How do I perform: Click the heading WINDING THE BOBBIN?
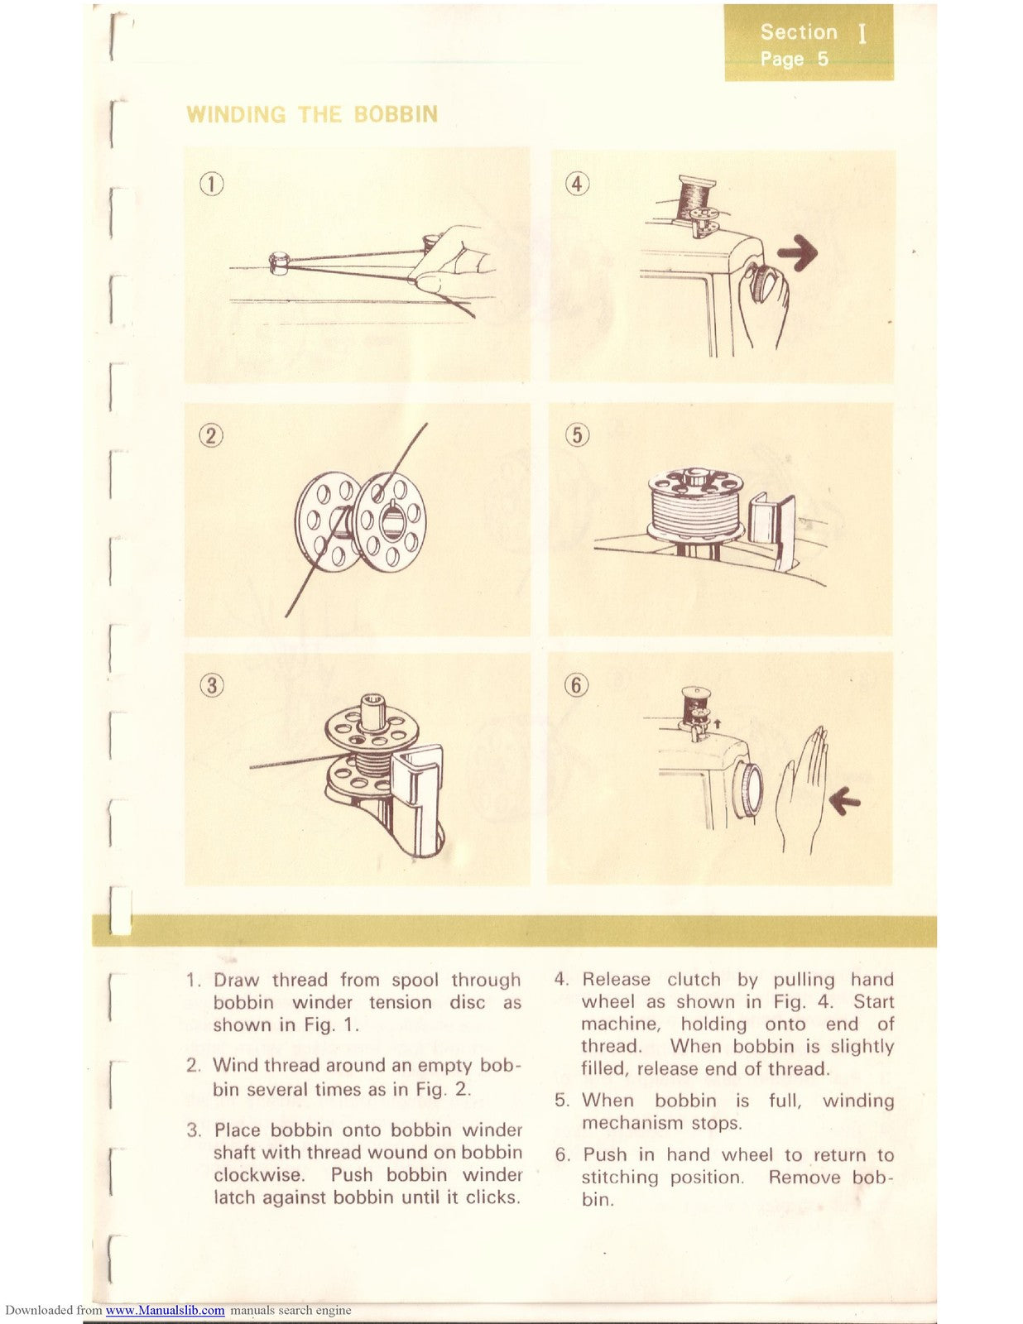point(312,114)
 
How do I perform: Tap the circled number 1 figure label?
point(212,184)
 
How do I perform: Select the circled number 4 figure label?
point(577,184)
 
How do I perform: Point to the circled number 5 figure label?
point(577,434)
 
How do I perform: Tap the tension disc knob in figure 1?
point(279,263)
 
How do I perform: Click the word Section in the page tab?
point(799,32)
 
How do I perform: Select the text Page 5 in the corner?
point(794,60)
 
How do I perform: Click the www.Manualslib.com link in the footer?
point(166,1311)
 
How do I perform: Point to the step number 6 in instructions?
point(563,1155)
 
